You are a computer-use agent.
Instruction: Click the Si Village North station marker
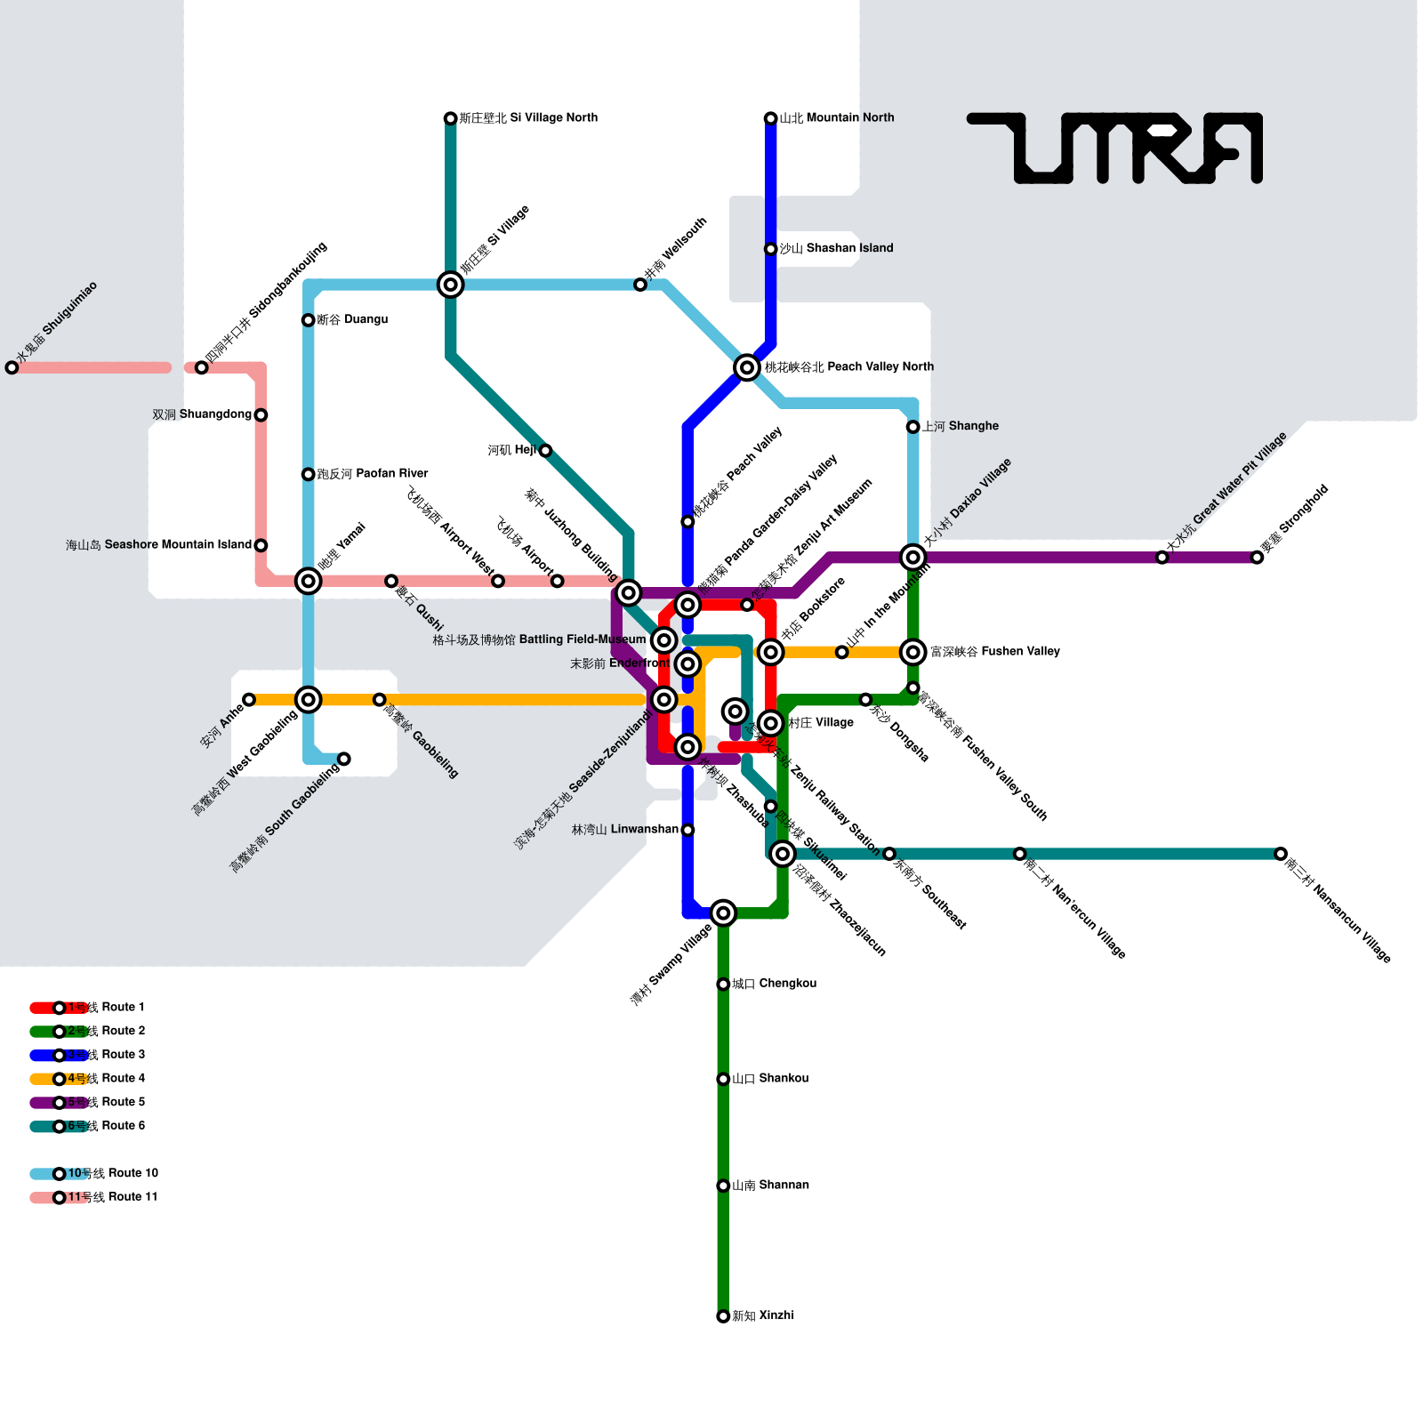point(451,118)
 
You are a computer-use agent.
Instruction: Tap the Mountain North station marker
point(771,118)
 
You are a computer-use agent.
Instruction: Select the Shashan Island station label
point(836,248)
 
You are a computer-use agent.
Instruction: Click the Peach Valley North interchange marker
point(747,367)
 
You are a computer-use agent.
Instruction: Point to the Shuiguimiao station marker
point(12,367)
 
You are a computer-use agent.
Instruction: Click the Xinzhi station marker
point(723,1316)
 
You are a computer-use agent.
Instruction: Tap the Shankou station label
point(770,1079)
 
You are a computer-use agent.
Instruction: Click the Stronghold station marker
point(1257,558)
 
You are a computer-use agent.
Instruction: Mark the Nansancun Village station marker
point(1281,854)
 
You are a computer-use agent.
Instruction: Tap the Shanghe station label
point(960,427)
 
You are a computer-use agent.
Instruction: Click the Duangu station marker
point(309,320)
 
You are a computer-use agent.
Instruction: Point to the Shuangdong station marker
point(261,415)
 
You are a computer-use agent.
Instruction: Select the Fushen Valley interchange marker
point(912,652)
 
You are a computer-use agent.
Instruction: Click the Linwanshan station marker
point(687,830)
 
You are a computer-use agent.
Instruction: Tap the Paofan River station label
point(373,474)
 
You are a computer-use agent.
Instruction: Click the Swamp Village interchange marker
point(723,912)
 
